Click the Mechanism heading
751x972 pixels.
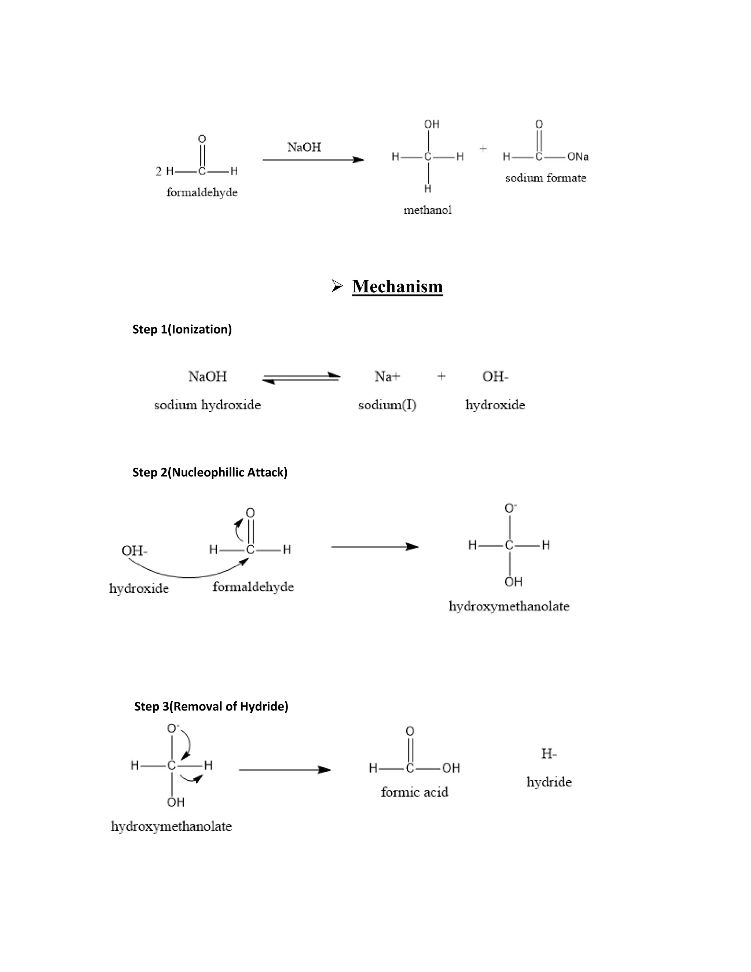[397, 286]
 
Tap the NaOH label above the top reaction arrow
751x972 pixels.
[304, 147]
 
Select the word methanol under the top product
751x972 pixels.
[427, 210]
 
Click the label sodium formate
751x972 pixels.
[545, 178]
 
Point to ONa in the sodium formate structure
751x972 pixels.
[578, 157]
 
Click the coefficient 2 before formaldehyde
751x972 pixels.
[158, 171]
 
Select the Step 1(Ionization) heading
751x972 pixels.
[182, 329]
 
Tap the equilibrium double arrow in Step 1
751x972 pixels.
[302, 378]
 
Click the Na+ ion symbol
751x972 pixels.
[387, 377]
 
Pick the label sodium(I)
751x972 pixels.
[387, 405]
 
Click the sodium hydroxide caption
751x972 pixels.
[207, 405]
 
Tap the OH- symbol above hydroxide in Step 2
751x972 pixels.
[134, 551]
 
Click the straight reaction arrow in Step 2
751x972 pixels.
[375, 547]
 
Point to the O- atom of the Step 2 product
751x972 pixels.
[510, 508]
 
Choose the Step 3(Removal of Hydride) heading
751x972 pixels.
[211, 706]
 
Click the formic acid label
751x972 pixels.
[414, 792]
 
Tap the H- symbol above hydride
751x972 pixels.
[549, 754]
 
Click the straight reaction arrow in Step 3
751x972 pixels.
[285, 770]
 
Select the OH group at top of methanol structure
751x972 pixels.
[432, 124]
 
